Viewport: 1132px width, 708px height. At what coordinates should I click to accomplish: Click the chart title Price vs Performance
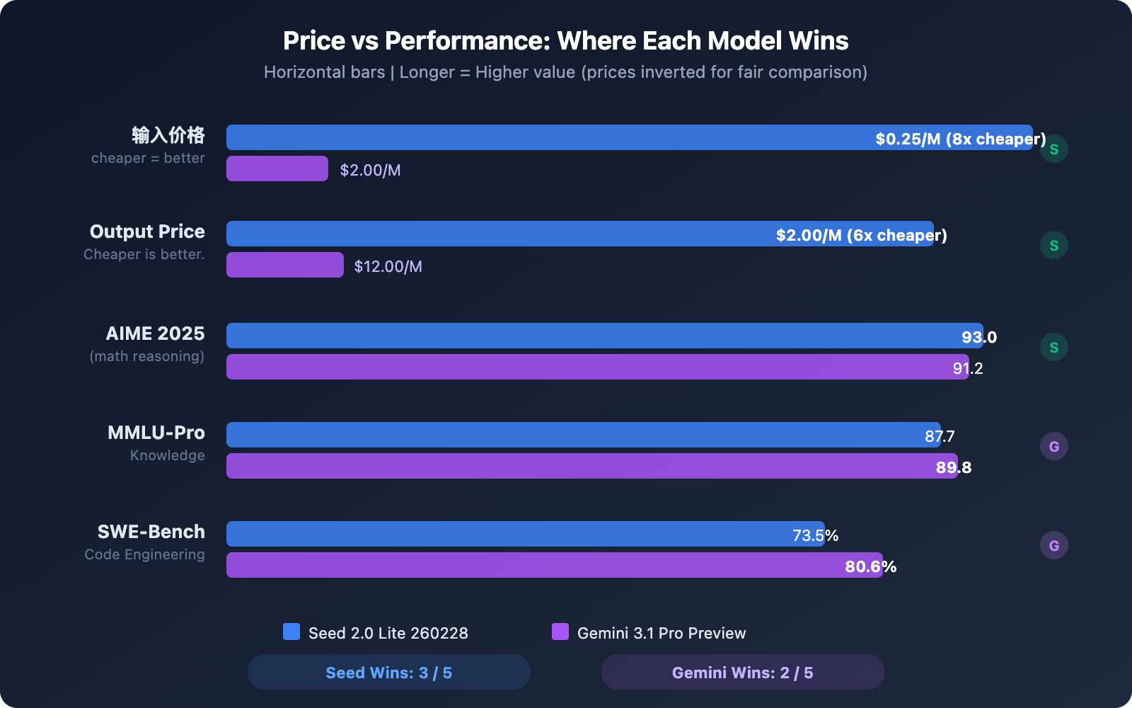565,41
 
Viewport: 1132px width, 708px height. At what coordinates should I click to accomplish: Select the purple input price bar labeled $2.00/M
277,169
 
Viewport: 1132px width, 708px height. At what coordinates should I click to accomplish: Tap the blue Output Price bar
495,234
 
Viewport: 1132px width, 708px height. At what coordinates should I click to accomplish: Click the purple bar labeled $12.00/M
284,265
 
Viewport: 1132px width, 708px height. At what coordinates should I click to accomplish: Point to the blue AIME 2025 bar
566,336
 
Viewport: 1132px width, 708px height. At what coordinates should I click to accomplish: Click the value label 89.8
954,467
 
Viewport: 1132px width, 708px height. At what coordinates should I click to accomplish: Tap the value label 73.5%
815,535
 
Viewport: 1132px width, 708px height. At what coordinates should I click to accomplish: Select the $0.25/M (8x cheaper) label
960,139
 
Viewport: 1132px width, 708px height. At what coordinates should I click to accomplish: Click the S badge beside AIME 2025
1053,347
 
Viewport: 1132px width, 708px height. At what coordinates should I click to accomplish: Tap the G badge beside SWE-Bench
1053,545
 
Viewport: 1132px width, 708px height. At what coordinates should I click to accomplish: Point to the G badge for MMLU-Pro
1053,446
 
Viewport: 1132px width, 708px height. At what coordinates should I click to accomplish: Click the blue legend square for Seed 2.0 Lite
291,632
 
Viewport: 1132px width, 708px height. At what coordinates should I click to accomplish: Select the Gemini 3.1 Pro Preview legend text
662,633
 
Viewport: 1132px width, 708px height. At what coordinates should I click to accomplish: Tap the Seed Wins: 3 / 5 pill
388,672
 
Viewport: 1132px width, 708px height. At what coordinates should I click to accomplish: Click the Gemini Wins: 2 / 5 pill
742,672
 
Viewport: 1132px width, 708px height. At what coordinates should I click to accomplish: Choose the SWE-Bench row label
151,532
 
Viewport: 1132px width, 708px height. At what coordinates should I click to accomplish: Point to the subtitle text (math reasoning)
146,356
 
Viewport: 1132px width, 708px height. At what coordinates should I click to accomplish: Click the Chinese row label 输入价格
168,135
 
